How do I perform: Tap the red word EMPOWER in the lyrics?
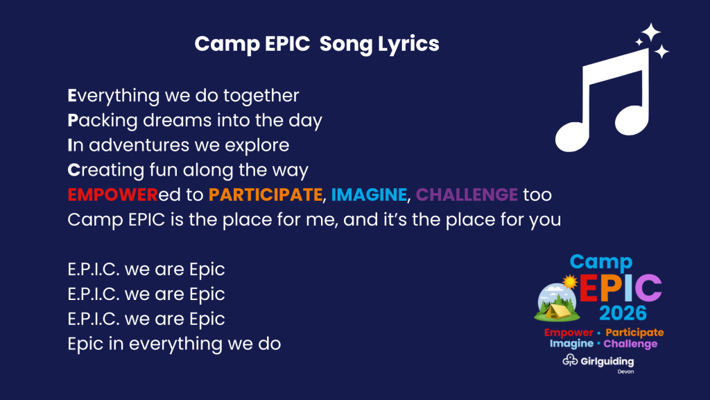point(113,195)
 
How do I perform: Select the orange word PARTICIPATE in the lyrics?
point(266,195)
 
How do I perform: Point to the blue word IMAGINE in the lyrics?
point(369,195)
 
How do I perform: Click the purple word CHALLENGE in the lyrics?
point(467,195)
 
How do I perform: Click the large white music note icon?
point(603,101)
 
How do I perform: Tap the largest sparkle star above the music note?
point(651,32)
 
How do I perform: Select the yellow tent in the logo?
point(557,312)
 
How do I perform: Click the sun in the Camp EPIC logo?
point(570,282)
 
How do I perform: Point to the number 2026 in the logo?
point(623,313)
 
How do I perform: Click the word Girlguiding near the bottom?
point(607,361)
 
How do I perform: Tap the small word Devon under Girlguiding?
point(626,372)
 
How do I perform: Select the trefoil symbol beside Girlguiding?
point(570,360)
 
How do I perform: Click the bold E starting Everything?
point(72,96)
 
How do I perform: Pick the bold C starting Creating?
point(73,170)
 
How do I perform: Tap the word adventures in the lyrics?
point(139,146)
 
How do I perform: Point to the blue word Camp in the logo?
point(601,262)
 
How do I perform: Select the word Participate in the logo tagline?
point(635,333)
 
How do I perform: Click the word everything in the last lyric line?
point(175,344)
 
